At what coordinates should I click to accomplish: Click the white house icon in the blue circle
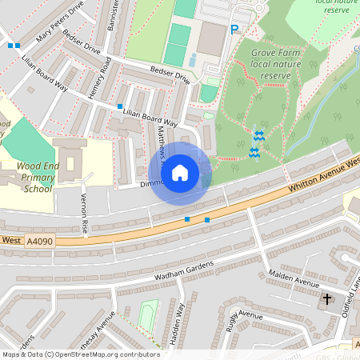tap(180, 173)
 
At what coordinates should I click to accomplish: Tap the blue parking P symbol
tap(234, 30)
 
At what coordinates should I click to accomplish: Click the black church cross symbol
tap(326, 299)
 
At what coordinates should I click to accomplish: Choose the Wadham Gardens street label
tap(184, 270)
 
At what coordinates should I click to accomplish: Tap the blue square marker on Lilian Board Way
tap(120, 106)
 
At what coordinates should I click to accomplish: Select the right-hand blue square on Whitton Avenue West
tap(207, 219)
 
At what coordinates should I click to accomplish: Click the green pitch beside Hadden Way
tap(147, 315)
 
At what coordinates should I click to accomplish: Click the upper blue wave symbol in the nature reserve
tap(258, 137)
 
